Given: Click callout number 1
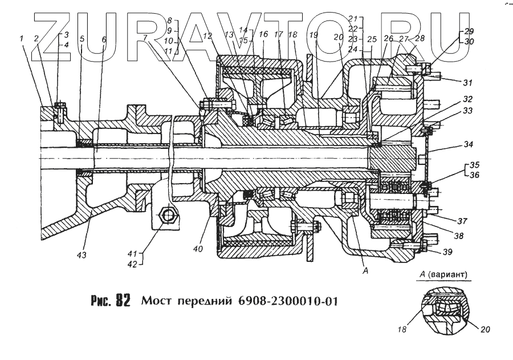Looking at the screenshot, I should (22, 39).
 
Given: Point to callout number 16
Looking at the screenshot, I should (263, 35).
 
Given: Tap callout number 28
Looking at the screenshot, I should (421, 39).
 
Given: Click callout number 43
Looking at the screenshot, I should (83, 254).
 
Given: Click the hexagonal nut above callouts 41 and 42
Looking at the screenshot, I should (169, 215).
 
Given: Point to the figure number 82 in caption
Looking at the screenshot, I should (123, 301).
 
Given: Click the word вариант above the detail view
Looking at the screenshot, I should (450, 275).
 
